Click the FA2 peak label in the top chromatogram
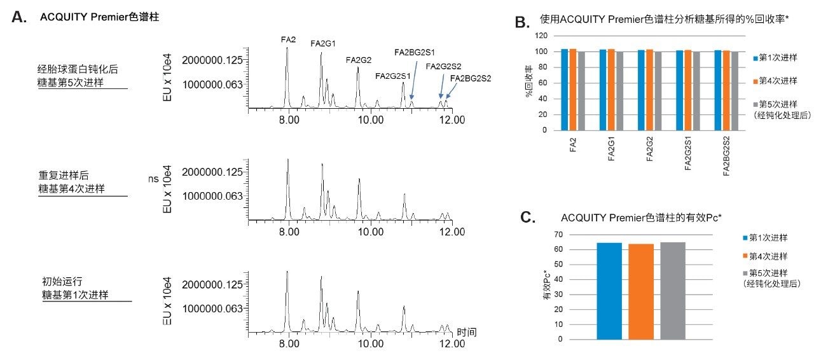point(288,39)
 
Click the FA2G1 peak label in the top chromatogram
point(322,43)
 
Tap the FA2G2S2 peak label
point(443,66)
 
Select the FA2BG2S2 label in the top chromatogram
point(470,78)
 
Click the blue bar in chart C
point(609,291)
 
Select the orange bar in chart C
point(641,291)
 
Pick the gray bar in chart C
point(673,291)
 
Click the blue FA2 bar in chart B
point(565,90)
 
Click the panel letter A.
point(19,18)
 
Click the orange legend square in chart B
point(755,81)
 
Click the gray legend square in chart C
point(745,273)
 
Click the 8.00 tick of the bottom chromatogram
point(289,344)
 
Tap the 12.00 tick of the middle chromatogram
point(452,232)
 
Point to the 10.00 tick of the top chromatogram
point(371,119)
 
